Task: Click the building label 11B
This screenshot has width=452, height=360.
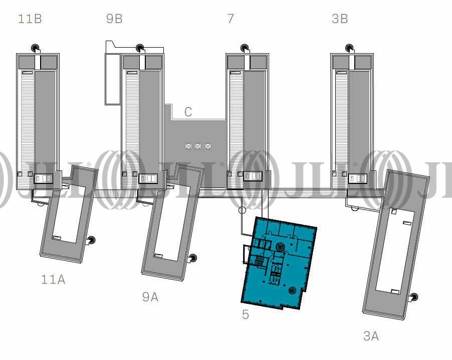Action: point(30,19)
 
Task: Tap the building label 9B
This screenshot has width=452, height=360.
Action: point(114,19)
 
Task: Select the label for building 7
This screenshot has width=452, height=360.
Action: point(231,19)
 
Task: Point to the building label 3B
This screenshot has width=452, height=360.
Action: point(340,19)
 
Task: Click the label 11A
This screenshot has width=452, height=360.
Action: point(53,279)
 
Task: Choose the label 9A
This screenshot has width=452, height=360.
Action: point(150,297)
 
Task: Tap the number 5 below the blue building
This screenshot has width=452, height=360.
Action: point(246,314)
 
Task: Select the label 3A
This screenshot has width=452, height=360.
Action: point(371,336)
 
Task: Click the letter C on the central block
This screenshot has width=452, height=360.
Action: point(188,112)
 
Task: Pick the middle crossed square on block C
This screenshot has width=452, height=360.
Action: point(198,146)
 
